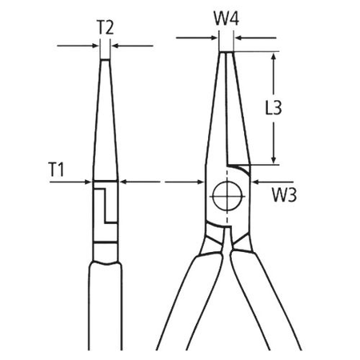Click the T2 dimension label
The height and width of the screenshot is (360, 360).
105,27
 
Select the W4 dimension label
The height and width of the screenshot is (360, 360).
228,17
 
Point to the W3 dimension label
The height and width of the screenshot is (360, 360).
283,194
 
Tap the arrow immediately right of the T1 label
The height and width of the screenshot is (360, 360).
86,183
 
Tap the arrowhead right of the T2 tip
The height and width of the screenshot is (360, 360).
115,46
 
